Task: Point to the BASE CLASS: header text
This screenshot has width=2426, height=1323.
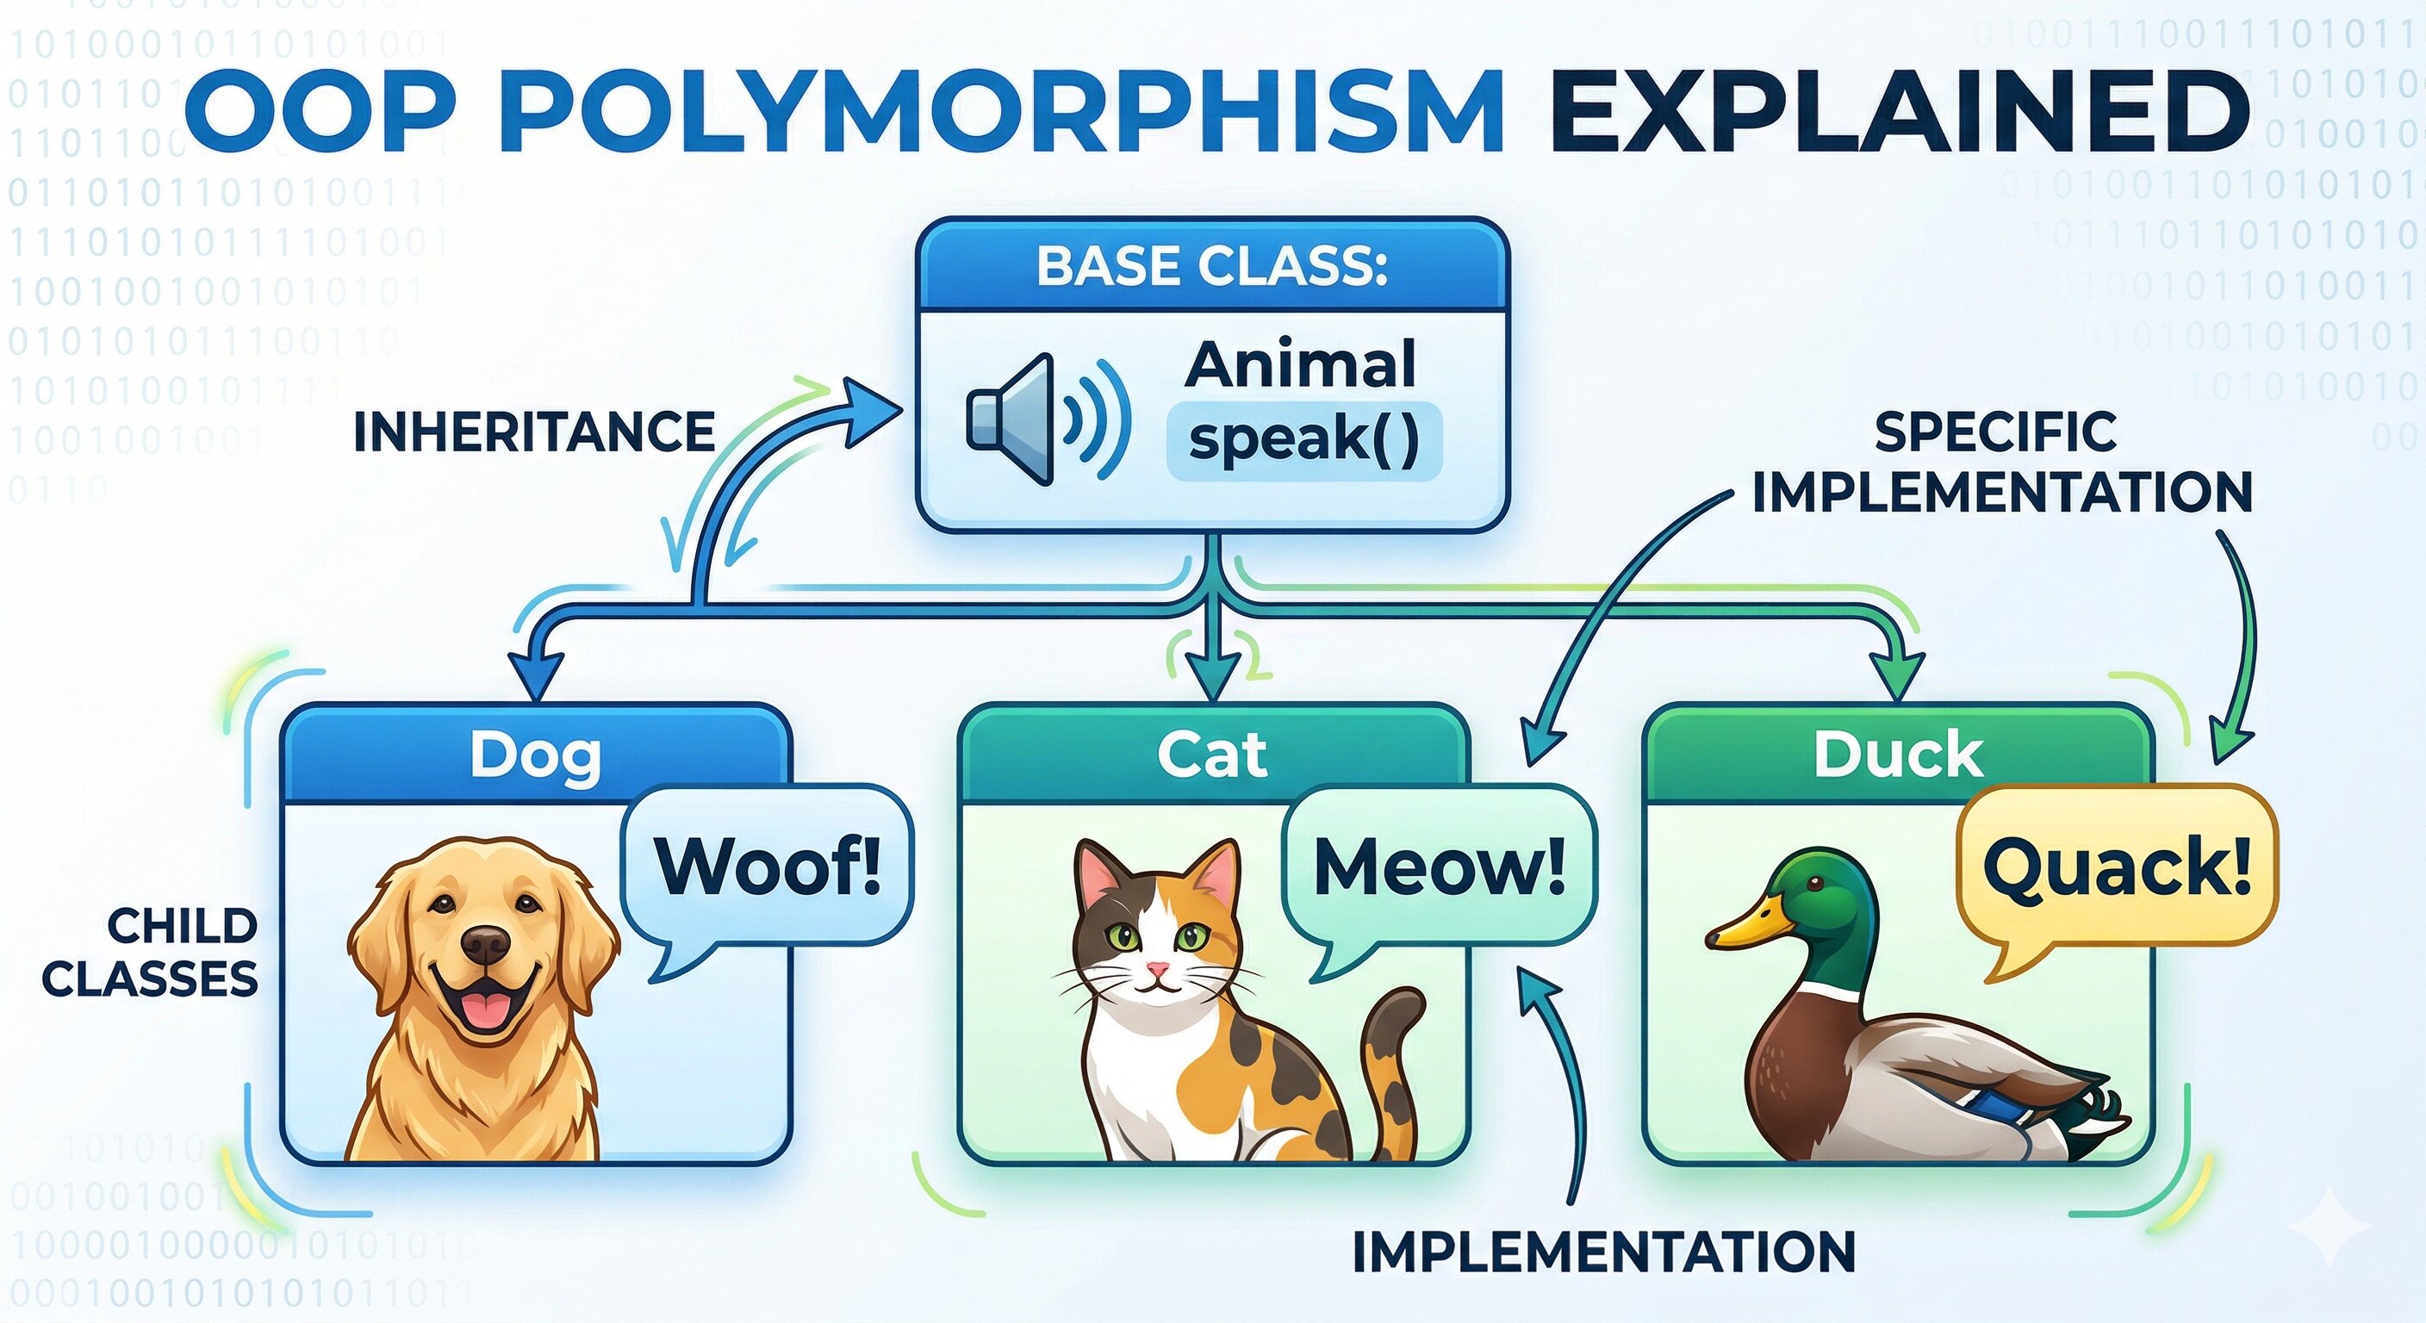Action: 1212,266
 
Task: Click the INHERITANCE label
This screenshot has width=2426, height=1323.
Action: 534,433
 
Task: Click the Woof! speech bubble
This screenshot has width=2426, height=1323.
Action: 768,866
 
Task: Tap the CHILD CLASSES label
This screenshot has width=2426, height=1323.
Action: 151,953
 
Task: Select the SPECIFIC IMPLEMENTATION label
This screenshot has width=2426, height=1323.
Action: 2001,463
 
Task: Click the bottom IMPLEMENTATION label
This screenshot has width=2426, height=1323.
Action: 1603,1253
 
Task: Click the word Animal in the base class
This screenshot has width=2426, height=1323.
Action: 1300,365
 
